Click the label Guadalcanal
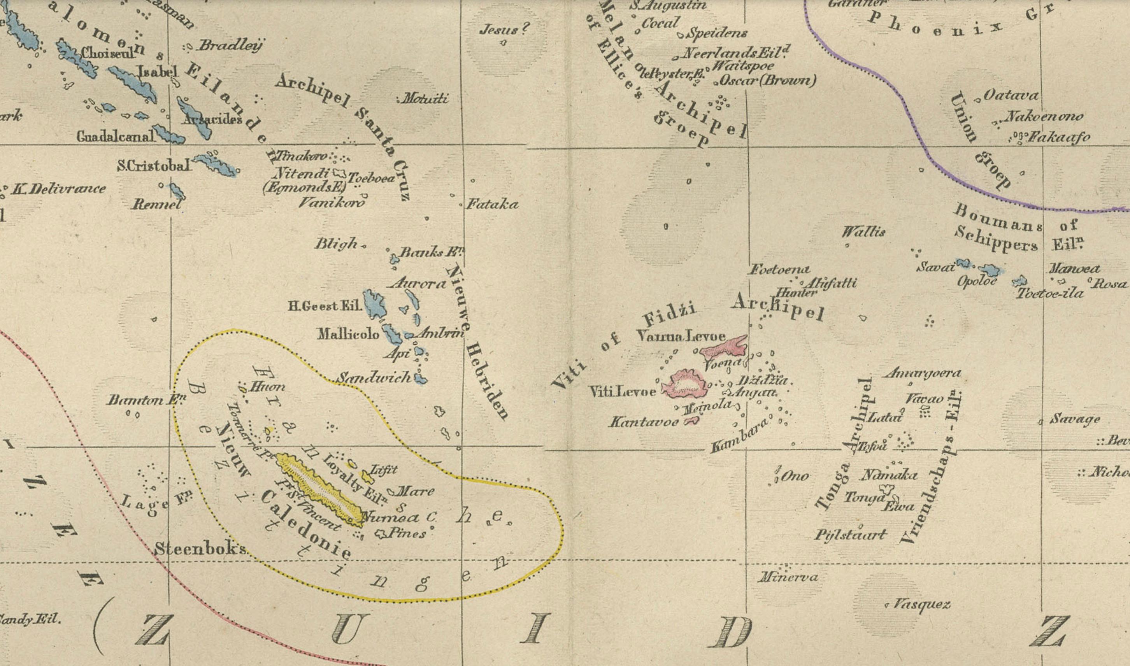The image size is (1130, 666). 116,136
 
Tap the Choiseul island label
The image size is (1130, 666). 108,53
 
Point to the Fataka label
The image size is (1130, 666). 492,205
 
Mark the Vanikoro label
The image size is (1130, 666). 332,203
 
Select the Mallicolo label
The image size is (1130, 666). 348,334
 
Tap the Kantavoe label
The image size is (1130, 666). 644,422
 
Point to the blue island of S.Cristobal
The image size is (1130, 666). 216,164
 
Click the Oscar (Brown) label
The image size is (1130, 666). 767,81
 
